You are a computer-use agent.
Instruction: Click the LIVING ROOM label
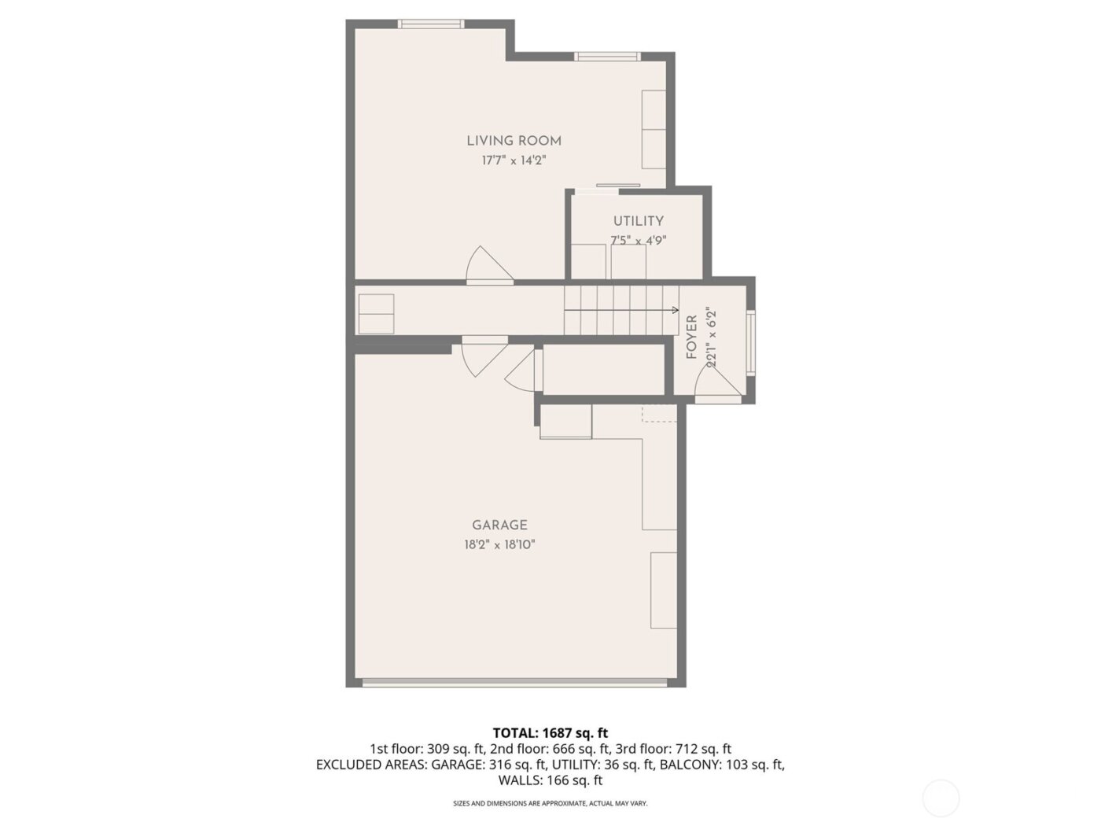tap(514, 141)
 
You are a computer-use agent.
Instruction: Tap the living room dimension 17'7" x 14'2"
tap(514, 160)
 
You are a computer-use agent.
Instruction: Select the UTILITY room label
tap(638, 221)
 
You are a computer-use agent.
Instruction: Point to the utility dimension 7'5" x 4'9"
tap(638, 241)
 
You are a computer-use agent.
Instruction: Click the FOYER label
tap(692, 337)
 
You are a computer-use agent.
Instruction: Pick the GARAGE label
tap(499, 525)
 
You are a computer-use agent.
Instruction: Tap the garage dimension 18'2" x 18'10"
tap(499, 544)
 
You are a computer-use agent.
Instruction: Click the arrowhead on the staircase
tap(676, 310)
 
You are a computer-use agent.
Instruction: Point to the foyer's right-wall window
tap(751, 342)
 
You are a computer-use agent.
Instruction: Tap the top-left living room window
tap(430, 24)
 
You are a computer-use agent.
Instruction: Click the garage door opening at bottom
tap(515, 682)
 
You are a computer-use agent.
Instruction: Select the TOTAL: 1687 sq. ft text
tap(550, 733)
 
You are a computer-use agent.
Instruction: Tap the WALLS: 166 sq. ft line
tap(550, 780)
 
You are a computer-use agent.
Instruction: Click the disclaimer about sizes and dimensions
tap(550, 803)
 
